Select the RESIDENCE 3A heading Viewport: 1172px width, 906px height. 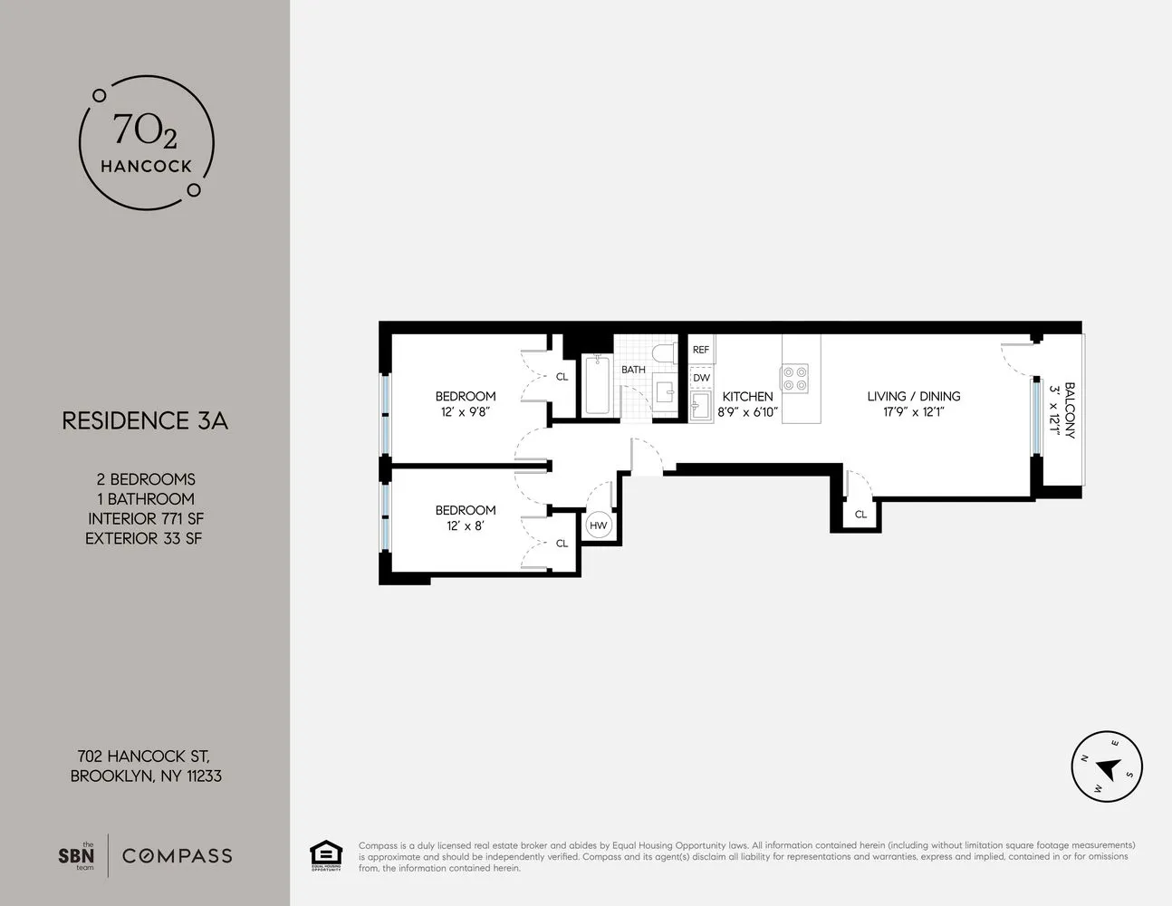point(145,420)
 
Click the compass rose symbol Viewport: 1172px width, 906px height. point(1106,766)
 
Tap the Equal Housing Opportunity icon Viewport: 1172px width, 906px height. point(326,855)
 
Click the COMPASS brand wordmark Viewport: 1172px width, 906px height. point(178,855)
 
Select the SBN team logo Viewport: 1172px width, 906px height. point(76,855)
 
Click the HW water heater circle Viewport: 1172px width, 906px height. point(598,525)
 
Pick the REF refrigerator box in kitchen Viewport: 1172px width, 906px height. point(701,350)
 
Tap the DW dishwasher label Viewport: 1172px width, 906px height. point(701,378)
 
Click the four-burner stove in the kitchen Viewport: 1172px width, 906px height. point(795,378)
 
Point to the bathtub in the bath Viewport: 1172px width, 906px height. point(597,386)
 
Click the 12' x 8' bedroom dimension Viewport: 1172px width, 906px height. point(466,525)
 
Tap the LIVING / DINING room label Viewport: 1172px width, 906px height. point(913,396)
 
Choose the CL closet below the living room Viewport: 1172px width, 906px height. point(860,514)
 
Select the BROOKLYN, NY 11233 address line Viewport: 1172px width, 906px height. point(146,776)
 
